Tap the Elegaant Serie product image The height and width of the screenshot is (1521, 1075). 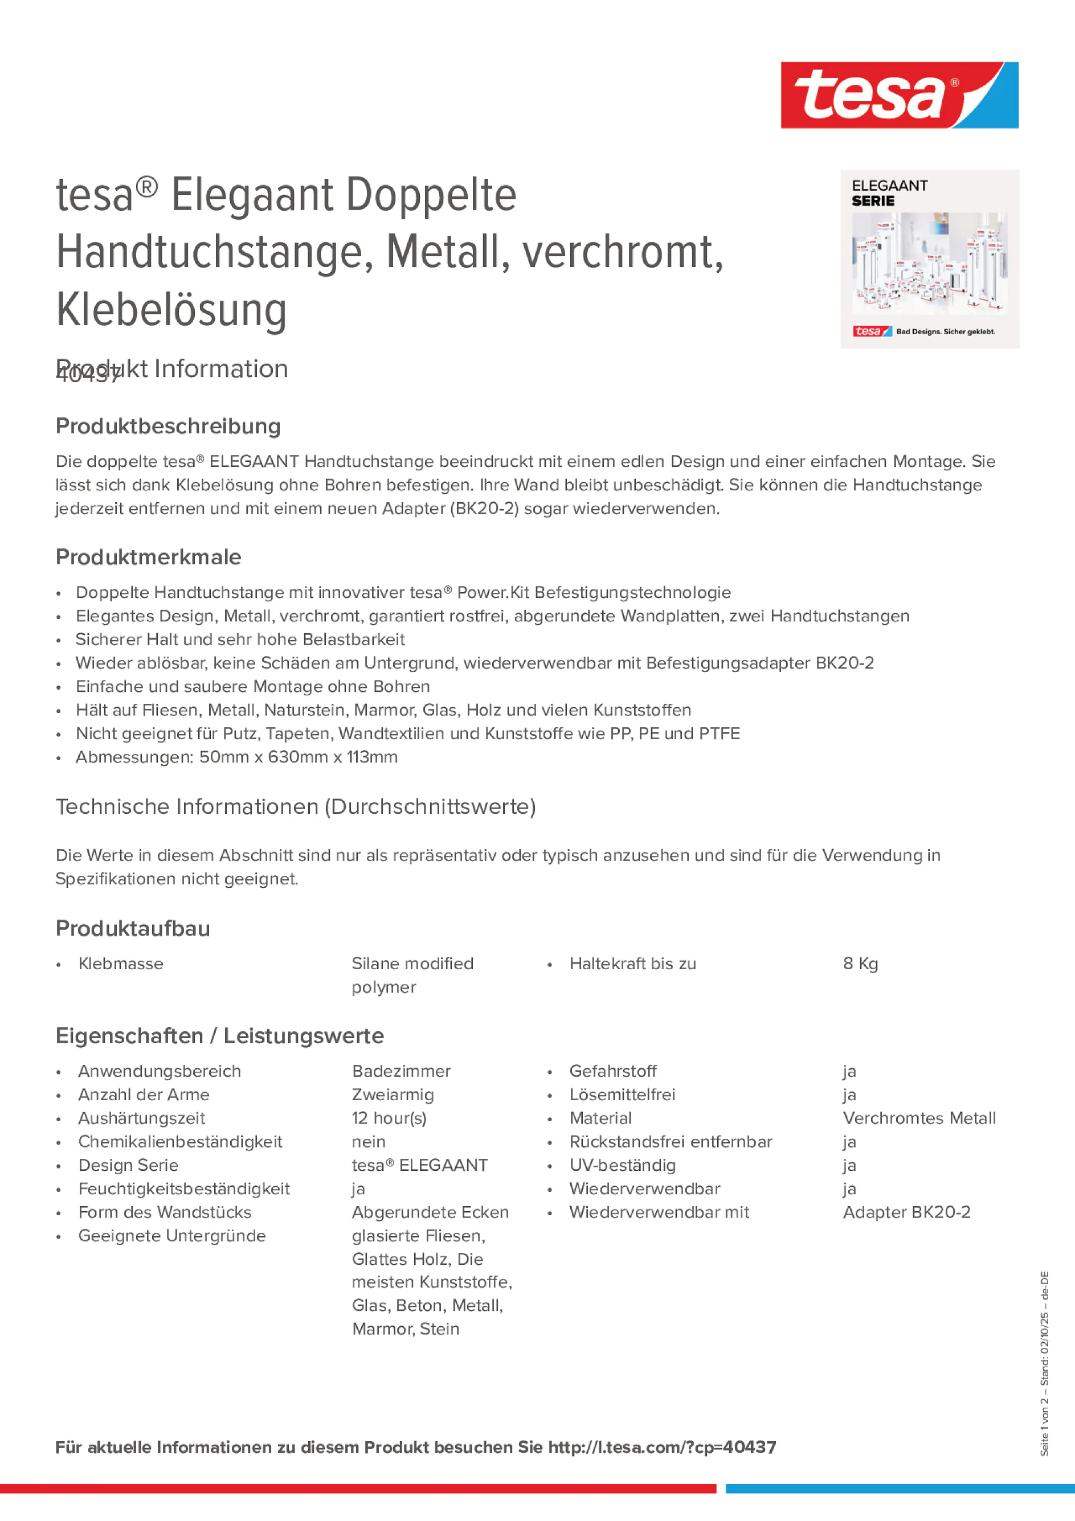(x=929, y=259)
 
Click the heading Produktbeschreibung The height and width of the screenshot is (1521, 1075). (x=168, y=426)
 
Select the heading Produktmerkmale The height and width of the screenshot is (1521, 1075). (x=149, y=557)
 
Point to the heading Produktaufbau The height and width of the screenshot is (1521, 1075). (x=133, y=928)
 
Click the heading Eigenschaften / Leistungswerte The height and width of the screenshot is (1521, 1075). (x=219, y=1035)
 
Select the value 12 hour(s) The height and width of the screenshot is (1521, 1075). (x=389, y=1118)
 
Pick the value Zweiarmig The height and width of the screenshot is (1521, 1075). (x=393, y=1094)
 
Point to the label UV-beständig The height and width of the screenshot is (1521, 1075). (x=622, y=1165)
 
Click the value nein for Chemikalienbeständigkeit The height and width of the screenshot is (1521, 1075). (x=369, y=1141)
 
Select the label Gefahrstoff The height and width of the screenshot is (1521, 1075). (x=613, y=1071)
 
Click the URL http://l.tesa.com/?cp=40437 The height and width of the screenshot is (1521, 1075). (x=661, y=1447)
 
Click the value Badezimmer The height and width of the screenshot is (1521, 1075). (x=401, y=1071)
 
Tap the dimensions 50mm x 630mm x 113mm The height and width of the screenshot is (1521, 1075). (x=299, y=757)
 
